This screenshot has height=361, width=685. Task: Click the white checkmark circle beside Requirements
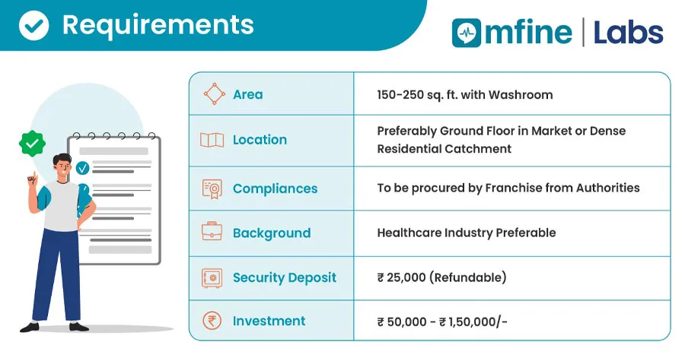click(33, 25)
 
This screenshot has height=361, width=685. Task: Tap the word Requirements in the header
click(158, 26)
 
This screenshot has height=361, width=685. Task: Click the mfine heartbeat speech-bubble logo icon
click(466, 33)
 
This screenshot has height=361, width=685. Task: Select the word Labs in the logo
click(628, 33)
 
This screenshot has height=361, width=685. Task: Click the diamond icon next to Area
click(214, 93)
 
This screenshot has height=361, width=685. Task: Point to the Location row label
click(260, 140)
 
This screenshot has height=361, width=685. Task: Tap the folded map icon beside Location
click(212, 140)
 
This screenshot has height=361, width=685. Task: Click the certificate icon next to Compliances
click(212, 188)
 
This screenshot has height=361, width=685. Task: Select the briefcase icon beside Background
click(212, 231)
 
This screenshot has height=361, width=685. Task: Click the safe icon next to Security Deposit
click(212, 277)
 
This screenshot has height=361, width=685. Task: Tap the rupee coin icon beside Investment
click(212, 321)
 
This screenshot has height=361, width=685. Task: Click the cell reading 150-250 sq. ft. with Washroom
click(465, 94)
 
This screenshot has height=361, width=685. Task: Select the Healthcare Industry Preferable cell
click(466, 233)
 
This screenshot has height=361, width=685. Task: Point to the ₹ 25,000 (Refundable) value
click(441, 277)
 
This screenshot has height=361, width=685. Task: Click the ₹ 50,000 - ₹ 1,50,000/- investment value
click(442, 321)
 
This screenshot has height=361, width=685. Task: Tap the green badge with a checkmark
click(32, 143)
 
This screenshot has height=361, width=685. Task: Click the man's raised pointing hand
click(32, 179)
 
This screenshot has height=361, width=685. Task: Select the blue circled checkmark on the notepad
click(82, 168)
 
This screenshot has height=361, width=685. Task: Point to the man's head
click(62, 165)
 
